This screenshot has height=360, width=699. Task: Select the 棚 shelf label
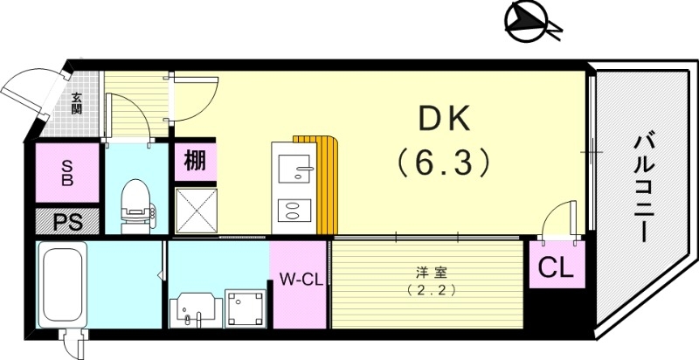(196, 161)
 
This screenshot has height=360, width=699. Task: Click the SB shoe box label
(66, 175)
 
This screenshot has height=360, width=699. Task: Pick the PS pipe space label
(66, 221)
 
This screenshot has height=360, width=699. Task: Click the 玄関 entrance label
(77, 104)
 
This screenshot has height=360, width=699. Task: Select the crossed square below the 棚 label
(195, 209)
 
